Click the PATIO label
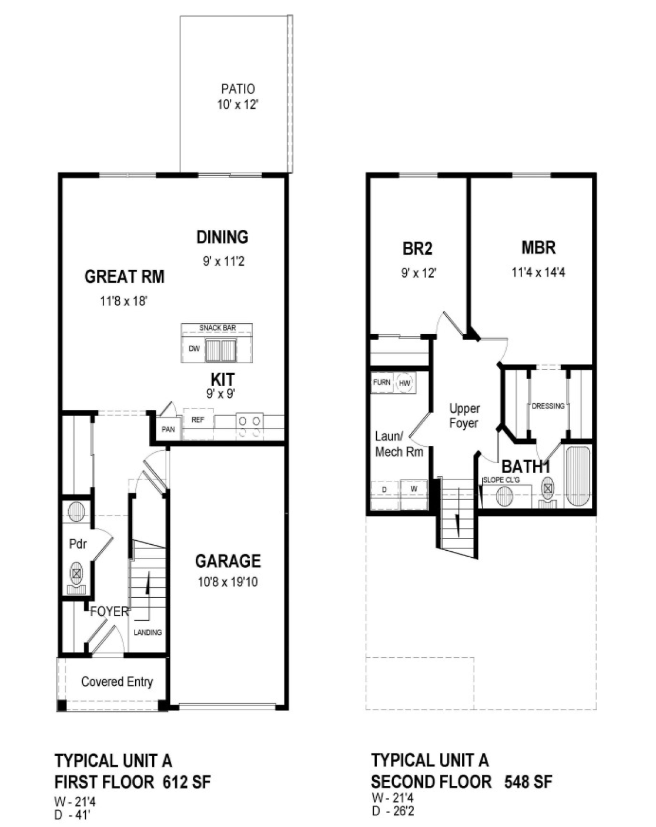(x=237, y=89)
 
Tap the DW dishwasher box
(x=194, y=349)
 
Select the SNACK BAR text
(x=217, y=328)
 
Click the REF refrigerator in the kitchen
(x=198, y=420)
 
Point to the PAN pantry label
(x=168, y=429)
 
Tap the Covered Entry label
(x=117, y=682)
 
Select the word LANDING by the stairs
(x=148, y=632)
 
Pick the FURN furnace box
(x=381, y=383)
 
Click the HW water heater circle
(x=404, y=383)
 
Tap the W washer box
(x=414, y=489)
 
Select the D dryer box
(x=384, y=489)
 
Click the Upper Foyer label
(x=464, y=416)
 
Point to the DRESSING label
(x=548, y=406)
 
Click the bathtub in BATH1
(x=577, y=477)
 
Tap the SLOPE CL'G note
(x=501, y=480)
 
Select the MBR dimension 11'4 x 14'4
(x=538, y=272)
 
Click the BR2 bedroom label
(x=417, y=249)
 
